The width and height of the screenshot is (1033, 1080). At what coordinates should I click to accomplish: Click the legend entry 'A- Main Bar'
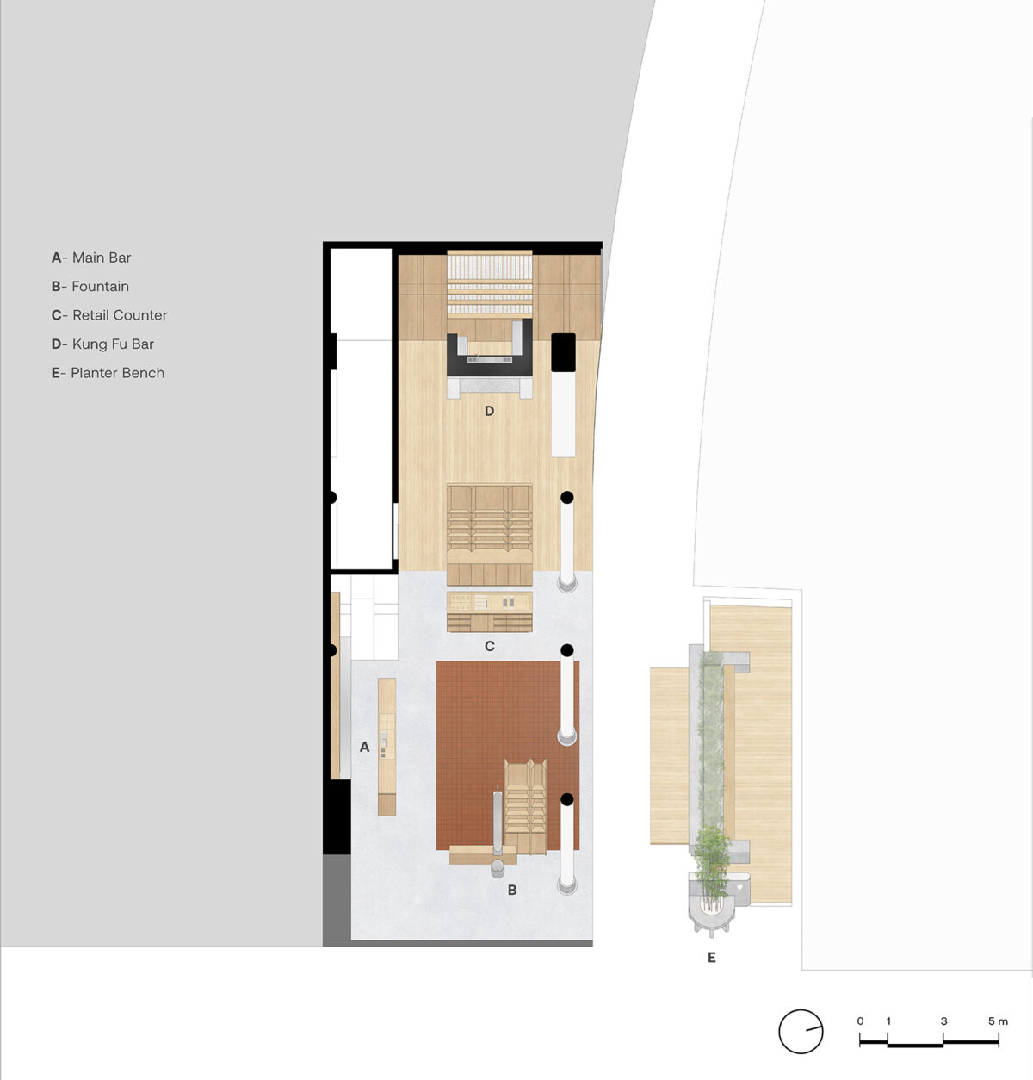click(91, 258)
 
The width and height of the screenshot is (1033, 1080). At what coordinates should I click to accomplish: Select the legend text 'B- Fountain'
click(90, 287)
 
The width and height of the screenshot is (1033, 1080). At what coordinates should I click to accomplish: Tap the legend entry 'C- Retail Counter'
click(109, 315)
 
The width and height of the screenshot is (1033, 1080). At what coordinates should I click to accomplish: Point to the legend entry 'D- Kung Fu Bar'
click(102, 344)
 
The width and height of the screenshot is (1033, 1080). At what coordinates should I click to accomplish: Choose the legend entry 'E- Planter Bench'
click(108, 373)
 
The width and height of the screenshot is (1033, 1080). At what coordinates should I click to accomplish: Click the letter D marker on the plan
click(489, 411)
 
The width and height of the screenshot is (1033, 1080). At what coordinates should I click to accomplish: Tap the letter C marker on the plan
click(489, 646)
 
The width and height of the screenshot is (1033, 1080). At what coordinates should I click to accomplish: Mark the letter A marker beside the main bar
click(364, 747)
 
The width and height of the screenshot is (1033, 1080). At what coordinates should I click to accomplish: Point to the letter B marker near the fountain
click(512, 891)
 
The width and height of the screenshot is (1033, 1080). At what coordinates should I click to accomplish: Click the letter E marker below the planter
click(711, 958)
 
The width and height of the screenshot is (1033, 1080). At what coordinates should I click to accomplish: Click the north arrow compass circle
click(801, 1031)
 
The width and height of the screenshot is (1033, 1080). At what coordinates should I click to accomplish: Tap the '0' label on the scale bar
click(860, 1021)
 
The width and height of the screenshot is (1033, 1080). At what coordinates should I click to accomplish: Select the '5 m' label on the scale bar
click(998, 1021)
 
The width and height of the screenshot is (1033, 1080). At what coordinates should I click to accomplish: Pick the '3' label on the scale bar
click(943, 1021)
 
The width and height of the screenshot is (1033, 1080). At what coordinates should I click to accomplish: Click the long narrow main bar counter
click(387, 747)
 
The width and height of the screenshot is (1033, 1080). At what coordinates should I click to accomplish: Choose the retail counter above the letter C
click(489, 611)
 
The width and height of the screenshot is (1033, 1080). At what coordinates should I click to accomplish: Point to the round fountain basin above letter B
click(498, 869)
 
